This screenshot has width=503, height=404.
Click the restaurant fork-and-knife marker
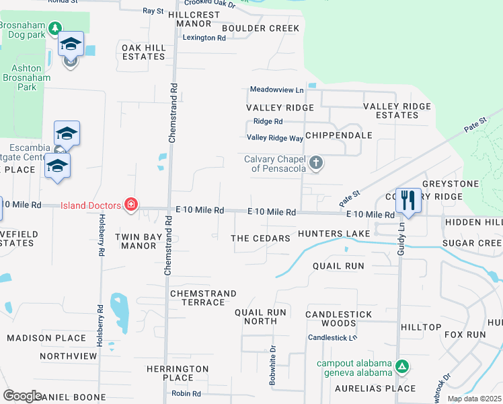pos(408,201)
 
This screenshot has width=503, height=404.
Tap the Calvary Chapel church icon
pos(316,162)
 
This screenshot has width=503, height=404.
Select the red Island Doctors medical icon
pos(131,205)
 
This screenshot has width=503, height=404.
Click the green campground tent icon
pos(401,367)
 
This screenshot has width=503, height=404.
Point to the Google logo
pos(22,396)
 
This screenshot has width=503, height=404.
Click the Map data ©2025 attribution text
pos(474,399)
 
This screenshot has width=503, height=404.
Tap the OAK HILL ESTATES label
pos(143,52)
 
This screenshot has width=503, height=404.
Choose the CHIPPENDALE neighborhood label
pos(338,135)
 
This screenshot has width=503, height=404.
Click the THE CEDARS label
pos(260,238)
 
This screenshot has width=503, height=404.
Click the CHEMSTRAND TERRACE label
pos(203,298)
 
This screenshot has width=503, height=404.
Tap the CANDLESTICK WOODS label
pos(338,319)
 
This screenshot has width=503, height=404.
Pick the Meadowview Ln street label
pos(276,90)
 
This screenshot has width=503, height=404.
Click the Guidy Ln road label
pos(401,240)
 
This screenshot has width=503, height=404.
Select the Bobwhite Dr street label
pos(273,365)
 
